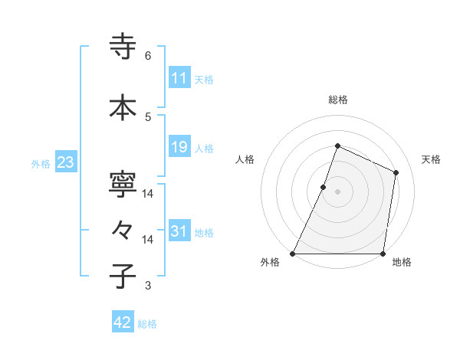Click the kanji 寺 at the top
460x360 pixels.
click(x=123, y=47)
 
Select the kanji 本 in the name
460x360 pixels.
click(x=123, y=107)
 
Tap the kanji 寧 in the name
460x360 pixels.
click(x=123, y=185)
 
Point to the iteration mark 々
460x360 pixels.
click(x=123, y=230)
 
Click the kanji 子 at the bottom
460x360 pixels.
click(x=123, y=276)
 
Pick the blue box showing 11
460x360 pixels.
click(x=179, y=78)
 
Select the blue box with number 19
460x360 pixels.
click(x=179, y=147)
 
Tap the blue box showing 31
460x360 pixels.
click(x=179, y=231)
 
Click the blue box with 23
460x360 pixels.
click(x=65, y=162)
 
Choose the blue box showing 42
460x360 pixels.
click(x=123, y=322)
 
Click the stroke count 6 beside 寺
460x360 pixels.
click(x=148, y=56)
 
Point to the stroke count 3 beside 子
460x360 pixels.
click(x=148, y=286)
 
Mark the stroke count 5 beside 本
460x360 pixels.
click(x=148, y=116)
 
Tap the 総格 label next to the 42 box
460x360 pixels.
click(x=147, y=324)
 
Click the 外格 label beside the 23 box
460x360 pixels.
click(x=41, y=163)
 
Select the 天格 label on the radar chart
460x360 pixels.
click(x=431, y=159)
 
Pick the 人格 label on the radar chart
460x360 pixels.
click(x=245, y=159)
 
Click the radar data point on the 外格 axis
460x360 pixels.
click(x=293, y=254)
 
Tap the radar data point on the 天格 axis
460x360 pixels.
click(x=396, y=172)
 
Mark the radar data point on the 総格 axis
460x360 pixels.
click(x=337, y=146)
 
